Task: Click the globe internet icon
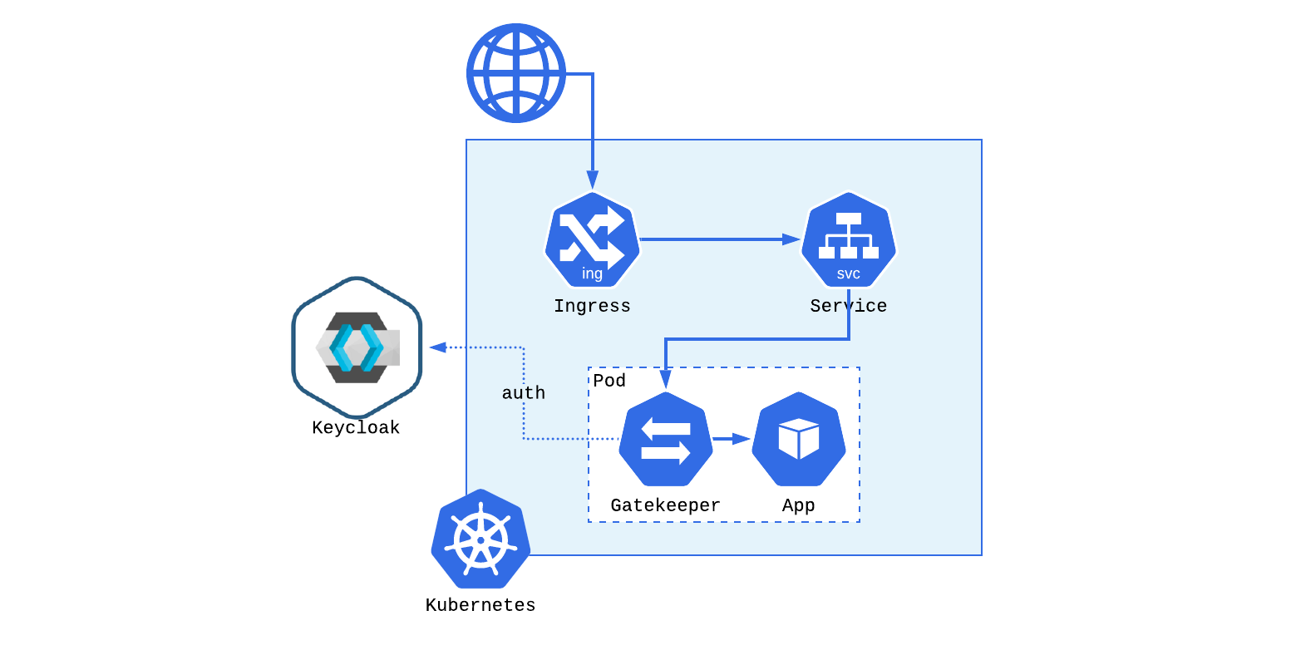click(516, 73)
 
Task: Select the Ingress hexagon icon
click(592, 239)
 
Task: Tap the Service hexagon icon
click(848, 239)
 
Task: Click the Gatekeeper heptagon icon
click(665, 439)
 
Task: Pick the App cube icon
click(798, 439)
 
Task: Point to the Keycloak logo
click(357, 347)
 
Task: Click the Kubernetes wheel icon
click(480, 539)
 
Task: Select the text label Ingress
click(592, 306)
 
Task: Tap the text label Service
click(848, 306)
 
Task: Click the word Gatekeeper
click(665, 505)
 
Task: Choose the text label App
click(798, 505)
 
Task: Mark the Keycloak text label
click(356, 428)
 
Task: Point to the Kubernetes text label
click(480, 605)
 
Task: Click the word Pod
click(609, 381)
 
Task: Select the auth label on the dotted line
click(524, 393)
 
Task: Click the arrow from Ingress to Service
click(715, 239)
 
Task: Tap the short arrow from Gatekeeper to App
click(732, 439)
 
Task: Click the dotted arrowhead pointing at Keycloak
click(437, 347)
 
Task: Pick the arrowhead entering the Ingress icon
click(592, 180)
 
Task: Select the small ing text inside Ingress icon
click(592, 273)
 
